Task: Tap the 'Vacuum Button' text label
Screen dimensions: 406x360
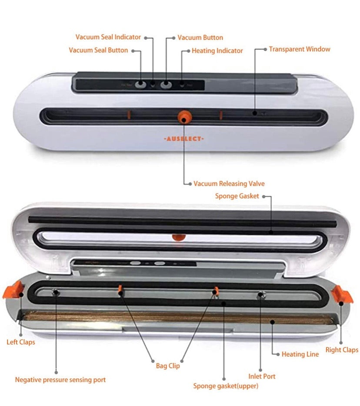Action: pyautogui.click(x=200, y=38)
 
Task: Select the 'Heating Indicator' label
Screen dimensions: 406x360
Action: pyautogui.click(x=217, y=51)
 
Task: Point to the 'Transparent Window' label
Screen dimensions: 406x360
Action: pyautogui.click(x=300, y=49)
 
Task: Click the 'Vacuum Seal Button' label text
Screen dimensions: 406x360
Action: pyautogui.click(x=99, y=50)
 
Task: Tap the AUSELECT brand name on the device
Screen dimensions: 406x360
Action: pyautogui.click(x=183, y=139)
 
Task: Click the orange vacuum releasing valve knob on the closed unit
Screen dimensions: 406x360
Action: pyautogui.click(x=184, y=116)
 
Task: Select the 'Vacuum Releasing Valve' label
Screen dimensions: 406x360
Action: pyautogui.click(x=229, y=184)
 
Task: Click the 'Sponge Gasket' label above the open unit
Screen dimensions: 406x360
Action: pyautogui.click(x=237, y=196)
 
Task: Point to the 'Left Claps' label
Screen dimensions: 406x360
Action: pyautogui.click(x=21, y=342)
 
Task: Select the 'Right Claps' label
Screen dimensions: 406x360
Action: pyautogui.click(x=342, y=350)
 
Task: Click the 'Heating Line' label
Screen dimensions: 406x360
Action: pyautogui.click(x=300, y=354)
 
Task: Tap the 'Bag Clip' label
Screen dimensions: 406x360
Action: pyautogui.click(x=168, y=366)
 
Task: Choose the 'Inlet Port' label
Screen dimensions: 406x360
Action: pyautogui.click(x=262, y=376)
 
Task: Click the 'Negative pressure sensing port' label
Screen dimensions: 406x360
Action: pyautogui.click(x=60, y=380)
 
